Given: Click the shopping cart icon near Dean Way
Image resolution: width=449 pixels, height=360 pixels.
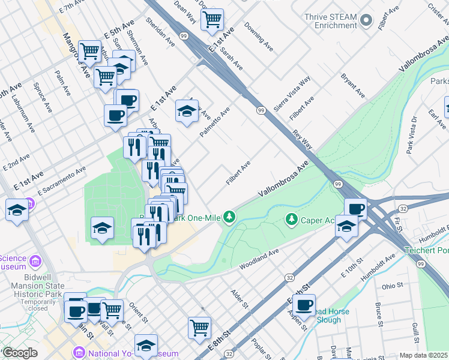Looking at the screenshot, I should coord(212,20).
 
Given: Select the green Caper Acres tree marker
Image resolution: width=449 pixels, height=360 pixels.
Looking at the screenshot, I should coord(292,220).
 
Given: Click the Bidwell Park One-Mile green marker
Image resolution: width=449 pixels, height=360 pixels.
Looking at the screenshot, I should coord(229,216).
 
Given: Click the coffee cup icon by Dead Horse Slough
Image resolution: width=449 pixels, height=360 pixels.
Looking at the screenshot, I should coord(304,305).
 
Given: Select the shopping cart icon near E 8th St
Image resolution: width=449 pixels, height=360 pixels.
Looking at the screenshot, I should coord(199,328).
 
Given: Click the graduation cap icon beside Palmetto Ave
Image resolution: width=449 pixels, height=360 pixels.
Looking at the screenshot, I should coord(187,111).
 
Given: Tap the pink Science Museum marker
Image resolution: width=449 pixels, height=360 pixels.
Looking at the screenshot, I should coord(35,262).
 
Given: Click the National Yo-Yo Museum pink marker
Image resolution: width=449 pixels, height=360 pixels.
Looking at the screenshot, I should coord(78,353).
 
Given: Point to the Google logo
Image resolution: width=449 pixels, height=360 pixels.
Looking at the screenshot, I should coord(20,353).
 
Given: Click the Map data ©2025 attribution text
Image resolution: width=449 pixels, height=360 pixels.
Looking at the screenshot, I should coord(423,355).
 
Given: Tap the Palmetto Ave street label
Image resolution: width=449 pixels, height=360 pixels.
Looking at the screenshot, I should coord(215,122).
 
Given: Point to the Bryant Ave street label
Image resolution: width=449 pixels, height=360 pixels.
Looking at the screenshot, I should coord(352,86).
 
